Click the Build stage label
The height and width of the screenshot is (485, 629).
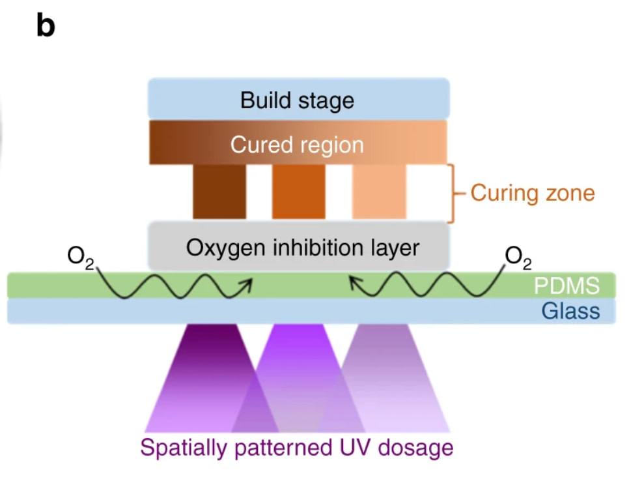[297, 100]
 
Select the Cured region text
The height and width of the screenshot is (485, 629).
[297, 144]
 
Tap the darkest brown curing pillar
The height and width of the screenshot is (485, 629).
[219, 191]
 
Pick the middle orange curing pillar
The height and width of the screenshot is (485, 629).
[298, 191]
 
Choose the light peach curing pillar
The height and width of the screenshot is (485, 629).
[379, 191]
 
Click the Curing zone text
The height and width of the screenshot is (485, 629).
[532, 193]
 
